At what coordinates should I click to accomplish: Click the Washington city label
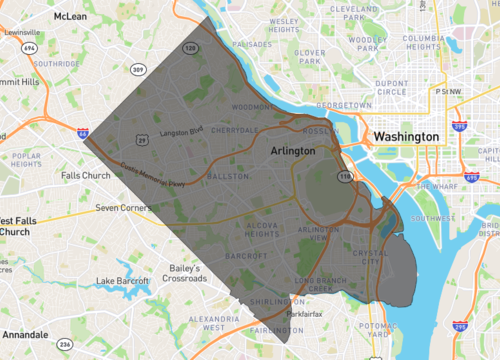point(405,136)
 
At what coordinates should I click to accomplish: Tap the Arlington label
point(292,150)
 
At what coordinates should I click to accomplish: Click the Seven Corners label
point(121,208)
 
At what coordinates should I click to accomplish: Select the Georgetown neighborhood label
point(330,103)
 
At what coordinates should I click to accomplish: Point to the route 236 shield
point(65,344)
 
